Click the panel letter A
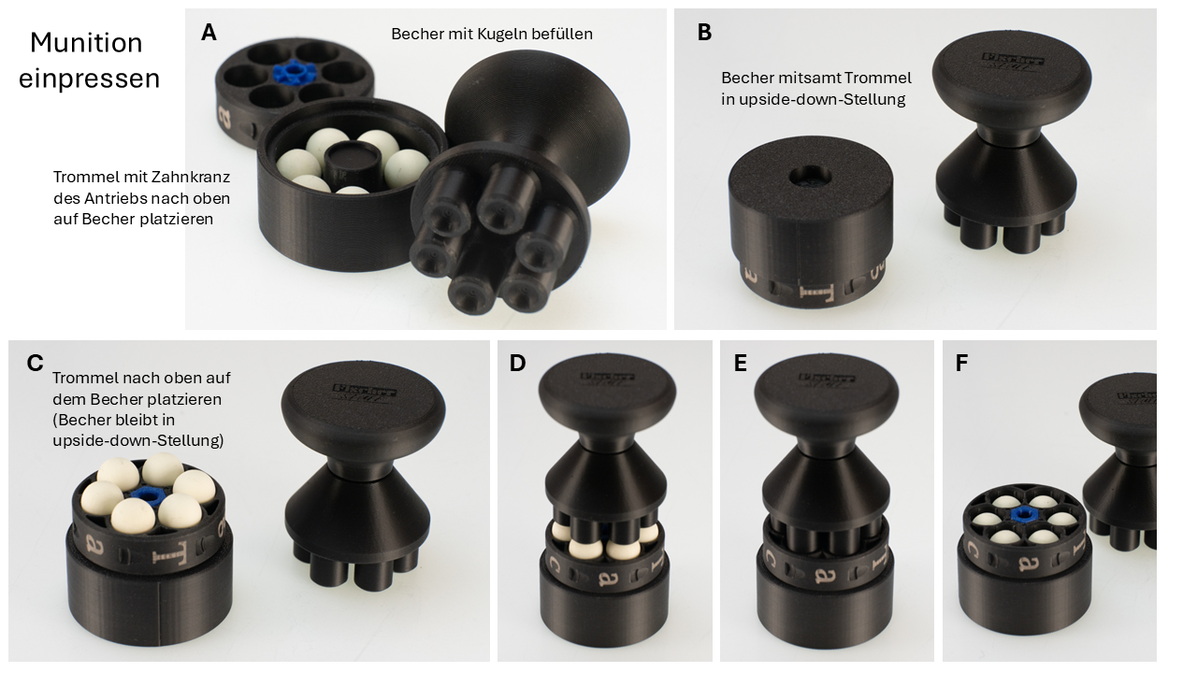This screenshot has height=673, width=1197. pyautogui.click(x=209, y=33)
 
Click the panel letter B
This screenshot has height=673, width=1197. pyautogui.click(x=704, y=33)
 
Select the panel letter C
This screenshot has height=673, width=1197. pyautogui.click(x=35, y=364)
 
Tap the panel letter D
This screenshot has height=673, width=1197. pyautogui.click(x=517, y=364)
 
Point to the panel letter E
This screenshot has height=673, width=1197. pyautogui.click(x=740, y=364)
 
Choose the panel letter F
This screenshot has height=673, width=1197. pyautogui.click(x=961, y=364)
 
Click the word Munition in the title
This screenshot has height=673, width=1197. pyautogui.click(x=86, y=43)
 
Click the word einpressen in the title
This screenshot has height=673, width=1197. pyautogui.click(x=89, y=79)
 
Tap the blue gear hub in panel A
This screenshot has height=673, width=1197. pyautogui.click(x=294, y=72)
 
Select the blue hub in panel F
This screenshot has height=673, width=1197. pyautogui.click(x=1023, y=515)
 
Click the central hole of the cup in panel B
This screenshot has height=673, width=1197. pyautogui.click(x=810, y=177)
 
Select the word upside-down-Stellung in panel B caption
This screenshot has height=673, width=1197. pyautogui.click(x=822, y=100)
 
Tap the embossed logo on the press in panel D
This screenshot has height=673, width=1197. pyautogui.click(x=608, y=379)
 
